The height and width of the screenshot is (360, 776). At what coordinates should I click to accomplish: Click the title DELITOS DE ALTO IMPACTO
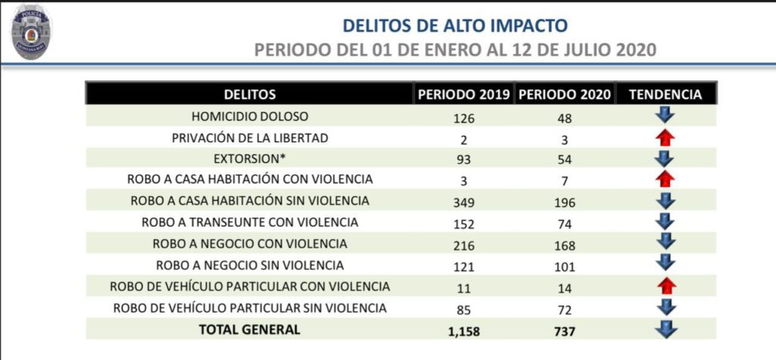click(x=455, y=25)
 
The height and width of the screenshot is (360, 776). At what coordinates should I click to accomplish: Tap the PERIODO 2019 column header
click(x=463, y=95)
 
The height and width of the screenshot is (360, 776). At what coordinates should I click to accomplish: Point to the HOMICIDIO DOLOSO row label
click(x=250, y=117)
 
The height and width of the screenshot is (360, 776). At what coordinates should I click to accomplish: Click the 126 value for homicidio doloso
click(x=462, y=118)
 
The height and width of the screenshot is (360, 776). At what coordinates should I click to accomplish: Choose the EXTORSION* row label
click(x=250, y=159)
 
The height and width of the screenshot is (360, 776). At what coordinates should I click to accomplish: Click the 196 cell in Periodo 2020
click(x=564, y=203)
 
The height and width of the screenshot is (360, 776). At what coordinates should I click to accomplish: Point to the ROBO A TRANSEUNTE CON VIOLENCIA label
click(x=250, y=223)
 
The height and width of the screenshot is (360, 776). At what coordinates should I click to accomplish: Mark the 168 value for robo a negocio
click(x=564, y=246)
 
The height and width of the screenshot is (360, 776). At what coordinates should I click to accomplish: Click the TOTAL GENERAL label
click(x=249, y=329)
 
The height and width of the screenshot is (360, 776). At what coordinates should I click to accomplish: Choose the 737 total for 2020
click(x=564, y=331)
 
